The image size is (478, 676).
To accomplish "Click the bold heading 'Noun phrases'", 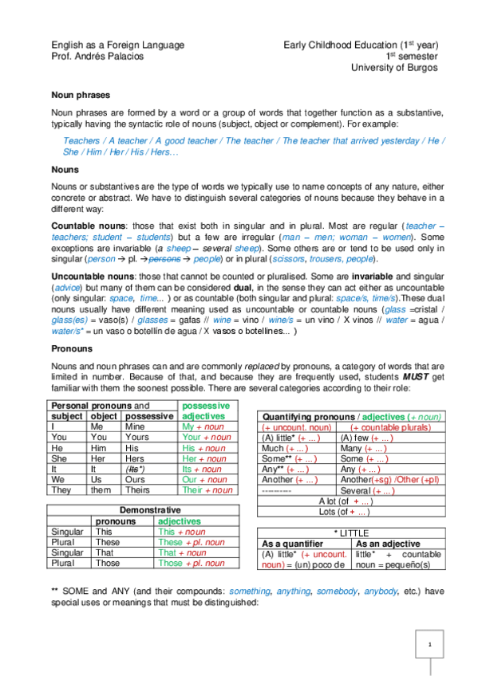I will click(x=77, y=94).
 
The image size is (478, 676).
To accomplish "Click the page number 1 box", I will click(x=429, y=644).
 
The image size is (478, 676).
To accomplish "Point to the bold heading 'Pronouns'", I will click(x=71, y=348).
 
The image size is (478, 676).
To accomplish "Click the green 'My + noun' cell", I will click(x=200, y=426).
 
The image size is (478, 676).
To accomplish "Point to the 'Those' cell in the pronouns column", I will click(x=108, y=563).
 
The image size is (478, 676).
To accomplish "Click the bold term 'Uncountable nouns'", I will click(x=89, y=275).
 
